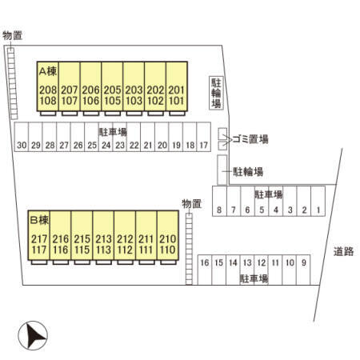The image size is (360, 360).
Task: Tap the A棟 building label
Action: point(48,71)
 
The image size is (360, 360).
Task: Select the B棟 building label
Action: point(40,220)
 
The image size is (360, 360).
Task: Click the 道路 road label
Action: point(343,251)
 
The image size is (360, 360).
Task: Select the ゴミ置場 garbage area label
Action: point(250,139)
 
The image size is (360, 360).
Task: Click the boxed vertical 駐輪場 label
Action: point(216,93)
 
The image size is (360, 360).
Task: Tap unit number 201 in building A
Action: point(176,90)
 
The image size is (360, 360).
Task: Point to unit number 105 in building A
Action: point(112,101)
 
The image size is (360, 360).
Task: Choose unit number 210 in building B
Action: point(167,239)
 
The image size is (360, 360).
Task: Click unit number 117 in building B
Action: point(39,250)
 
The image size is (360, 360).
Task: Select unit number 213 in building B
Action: point(103,239)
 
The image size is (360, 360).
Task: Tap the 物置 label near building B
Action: point(191,204)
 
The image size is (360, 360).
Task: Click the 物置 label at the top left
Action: point(12,35)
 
